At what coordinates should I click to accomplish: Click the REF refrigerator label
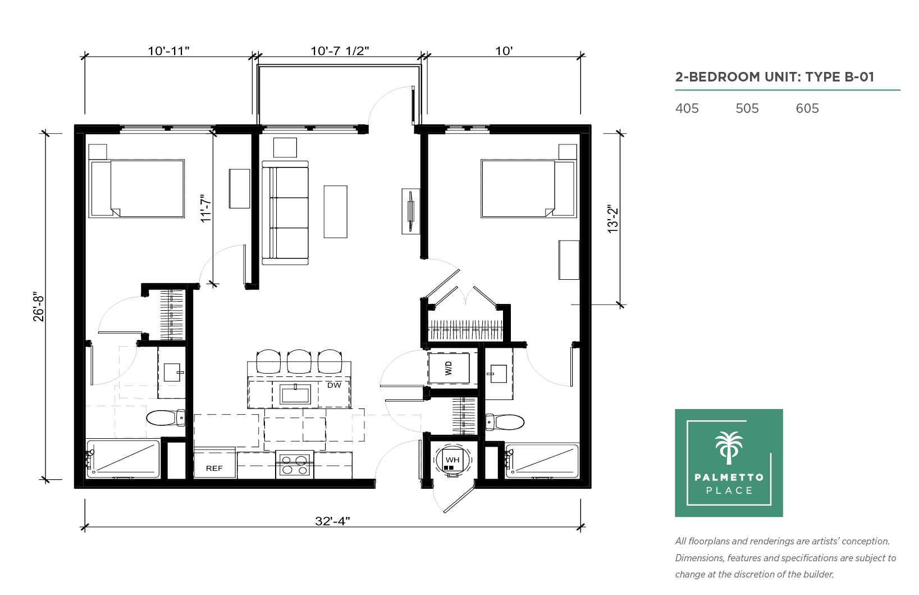click(x=214, y=468)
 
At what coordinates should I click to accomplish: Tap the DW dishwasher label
click(x=335, y=385)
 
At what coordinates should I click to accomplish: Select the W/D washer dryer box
click(x=449, y=368)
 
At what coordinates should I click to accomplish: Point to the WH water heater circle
click(x=453, y=460)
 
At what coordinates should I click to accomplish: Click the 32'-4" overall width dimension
click(x=332, y=521)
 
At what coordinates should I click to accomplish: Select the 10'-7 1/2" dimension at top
click(x=340, y=51)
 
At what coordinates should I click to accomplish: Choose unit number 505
click(x=747, y=108)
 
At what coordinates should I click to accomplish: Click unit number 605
click(x=807, y=108)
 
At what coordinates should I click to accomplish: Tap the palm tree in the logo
click(x=729, y=448)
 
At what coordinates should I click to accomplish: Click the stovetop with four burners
click(x=295, y=465)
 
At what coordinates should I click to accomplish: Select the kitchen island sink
click(x=295, y=394)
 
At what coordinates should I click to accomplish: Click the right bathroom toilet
click(x=505, y=422)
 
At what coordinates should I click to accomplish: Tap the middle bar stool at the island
click(x=299, y=361)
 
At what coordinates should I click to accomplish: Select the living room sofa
click(x=285, y=213)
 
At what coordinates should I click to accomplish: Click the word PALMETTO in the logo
click(x=729, y=477)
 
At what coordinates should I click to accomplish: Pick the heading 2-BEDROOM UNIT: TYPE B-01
click(x=775, y=77)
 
